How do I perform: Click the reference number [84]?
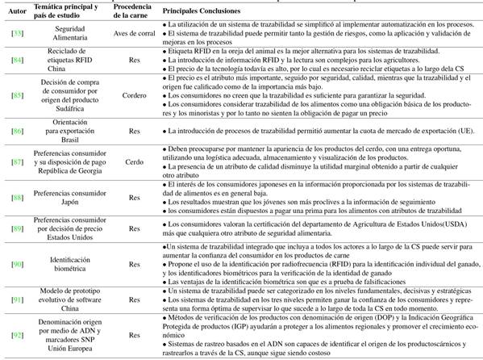tap(16, 60)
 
